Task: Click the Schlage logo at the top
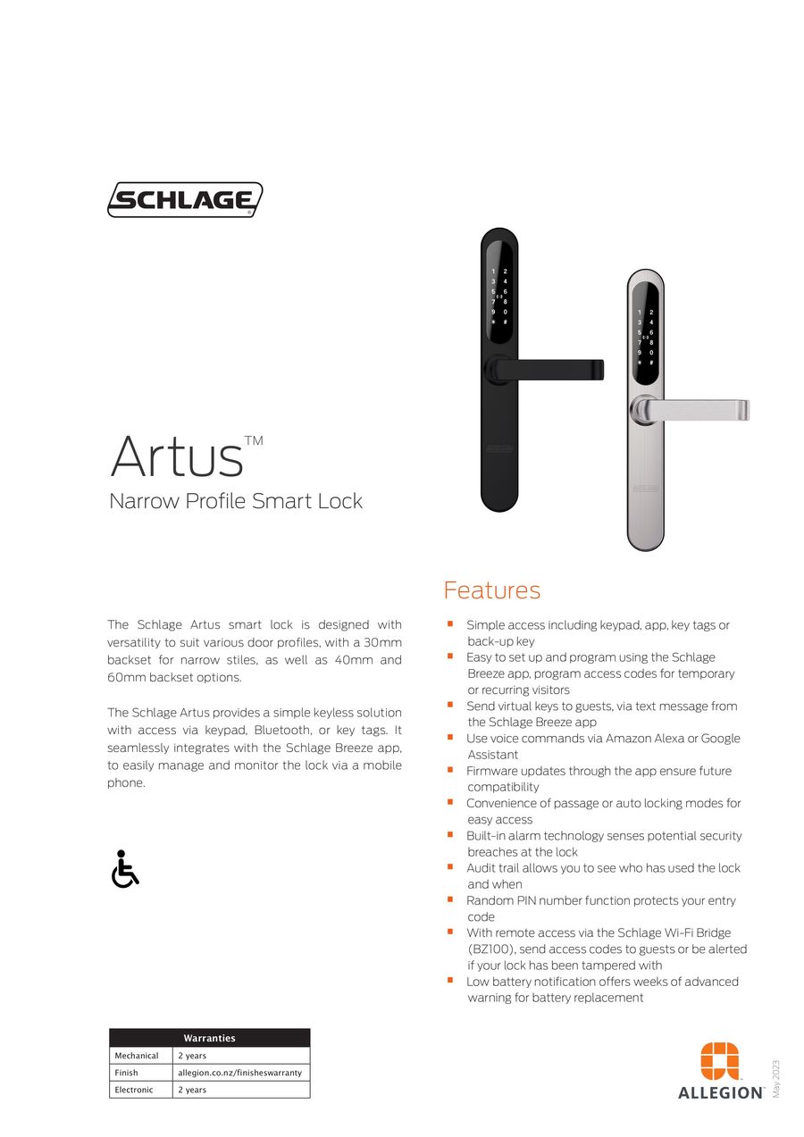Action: pos(185,199)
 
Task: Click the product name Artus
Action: pos(177,456)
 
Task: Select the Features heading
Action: pos(491,590)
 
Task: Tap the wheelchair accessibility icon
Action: pos(124,869)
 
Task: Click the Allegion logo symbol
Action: pos(720,1061)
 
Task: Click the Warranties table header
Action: pos(209,1038)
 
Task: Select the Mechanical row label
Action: pos(137,1056)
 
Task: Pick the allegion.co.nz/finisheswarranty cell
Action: pos(239,1073)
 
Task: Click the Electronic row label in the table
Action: pos(134,1090)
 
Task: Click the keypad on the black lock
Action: pos(498,296)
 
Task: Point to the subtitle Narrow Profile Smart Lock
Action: pos(236,500)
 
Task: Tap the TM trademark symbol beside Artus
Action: pos(254,440)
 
